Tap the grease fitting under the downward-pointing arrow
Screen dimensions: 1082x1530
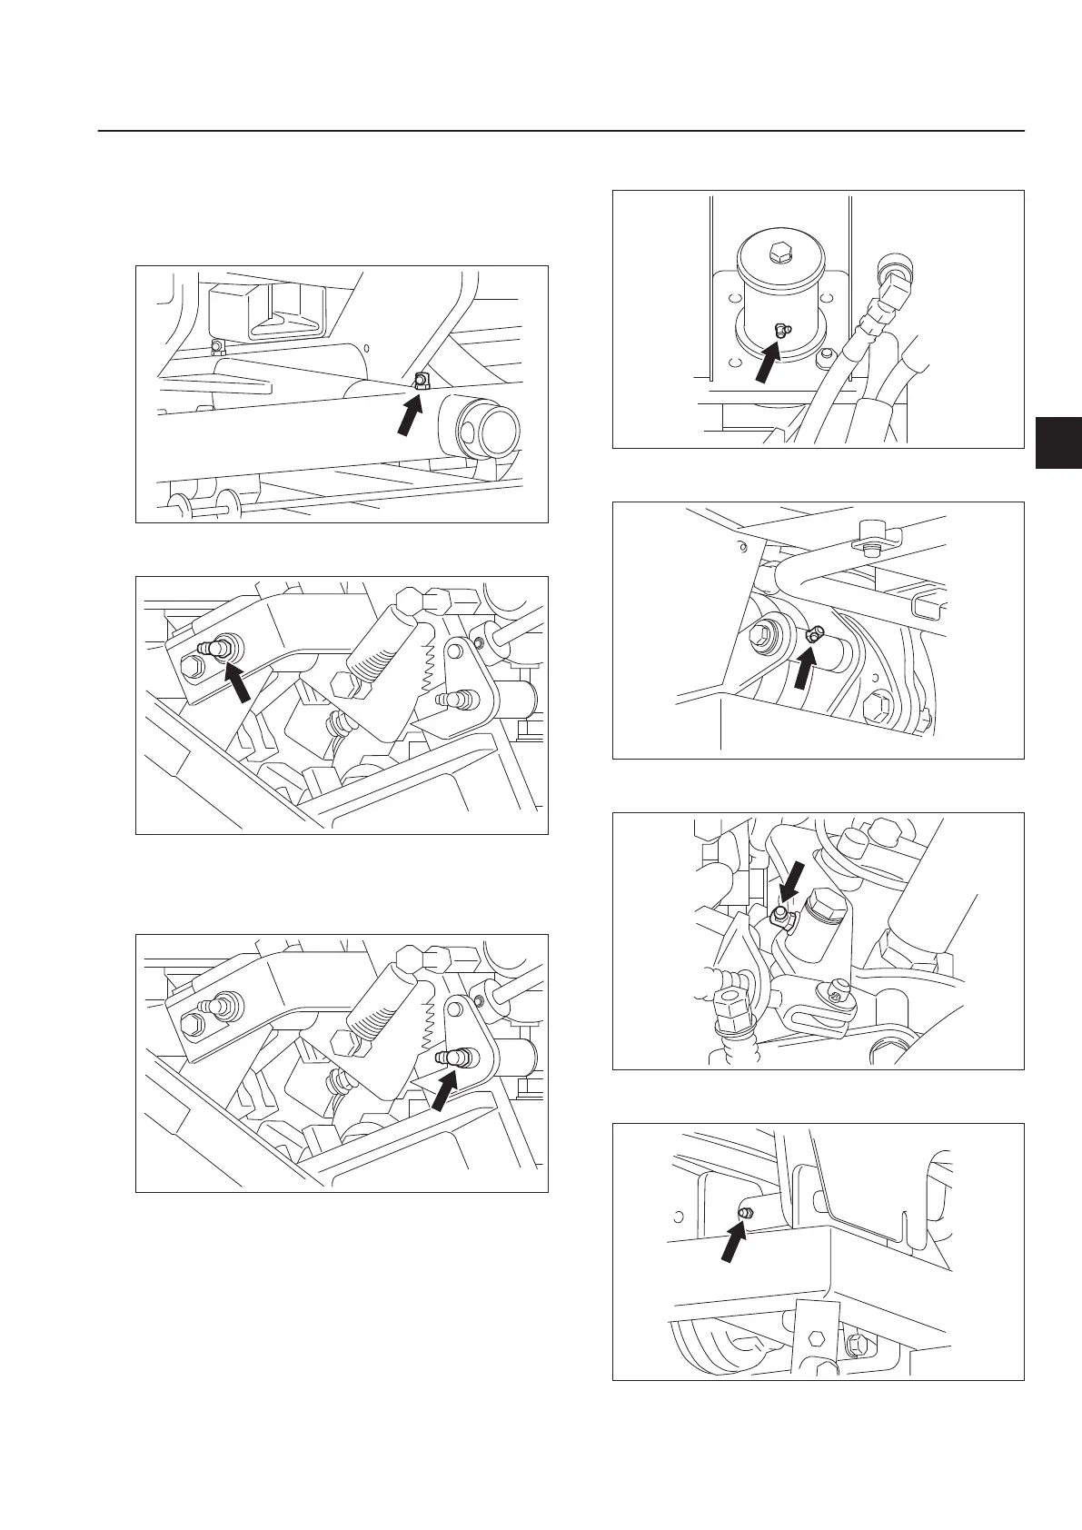779,915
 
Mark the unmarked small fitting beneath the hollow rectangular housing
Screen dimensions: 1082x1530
216,347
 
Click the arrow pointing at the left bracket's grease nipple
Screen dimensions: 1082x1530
237,681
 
